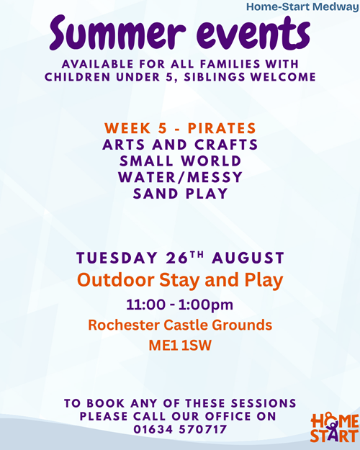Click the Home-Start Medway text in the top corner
coord(302,6)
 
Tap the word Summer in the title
coord(117,32)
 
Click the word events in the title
coord(253,32)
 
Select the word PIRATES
coord(222,128)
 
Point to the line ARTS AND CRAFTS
coord(180,144)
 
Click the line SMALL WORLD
coord(180,161)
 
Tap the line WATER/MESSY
coord(180,177)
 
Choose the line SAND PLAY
coord(180,194)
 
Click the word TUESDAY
coord(117,258)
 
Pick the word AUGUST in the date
coord(248,258)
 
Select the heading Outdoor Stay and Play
coord(180,280)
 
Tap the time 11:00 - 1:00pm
coord(180,305)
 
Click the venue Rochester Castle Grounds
coord(180,325)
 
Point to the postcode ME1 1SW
coord(180,346)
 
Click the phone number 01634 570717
coord(180,430)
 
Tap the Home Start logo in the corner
coord(335,428)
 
